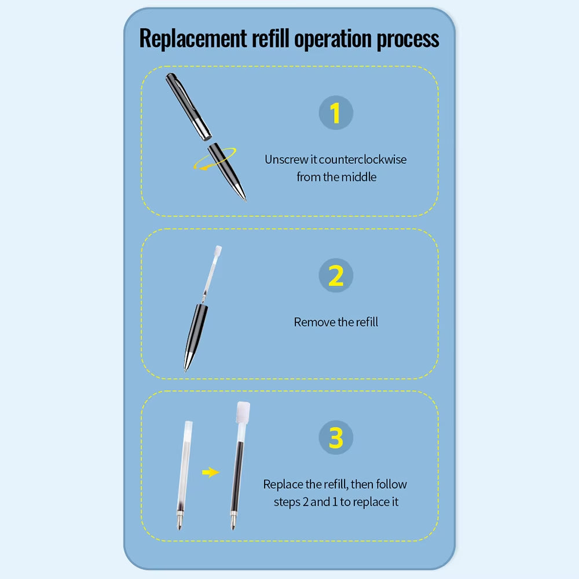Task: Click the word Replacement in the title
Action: pos(193,38)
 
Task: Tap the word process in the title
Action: pos(408,40)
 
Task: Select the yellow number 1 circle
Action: pos(336,113)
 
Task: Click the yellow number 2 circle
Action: pos(336,275)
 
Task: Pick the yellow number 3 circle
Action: pos(336,438)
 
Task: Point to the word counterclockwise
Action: pos(362,160)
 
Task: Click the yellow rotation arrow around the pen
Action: pos(215,159)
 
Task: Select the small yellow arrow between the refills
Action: pos(211,472)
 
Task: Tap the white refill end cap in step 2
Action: pos(218,251)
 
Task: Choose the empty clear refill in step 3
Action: pos(184,475)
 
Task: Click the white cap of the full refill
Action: pos(243,411)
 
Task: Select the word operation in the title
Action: pos(333,40)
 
